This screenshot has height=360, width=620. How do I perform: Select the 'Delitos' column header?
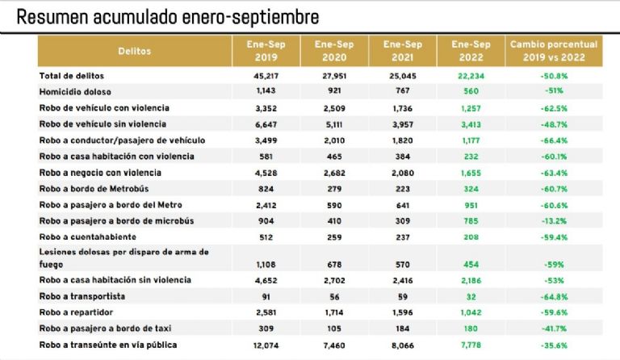click(134, 51)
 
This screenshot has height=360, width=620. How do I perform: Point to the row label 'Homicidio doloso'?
click(81, 91)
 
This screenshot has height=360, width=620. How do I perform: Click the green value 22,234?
click(471, 75)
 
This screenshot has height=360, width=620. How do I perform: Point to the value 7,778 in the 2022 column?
click(471, 345)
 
